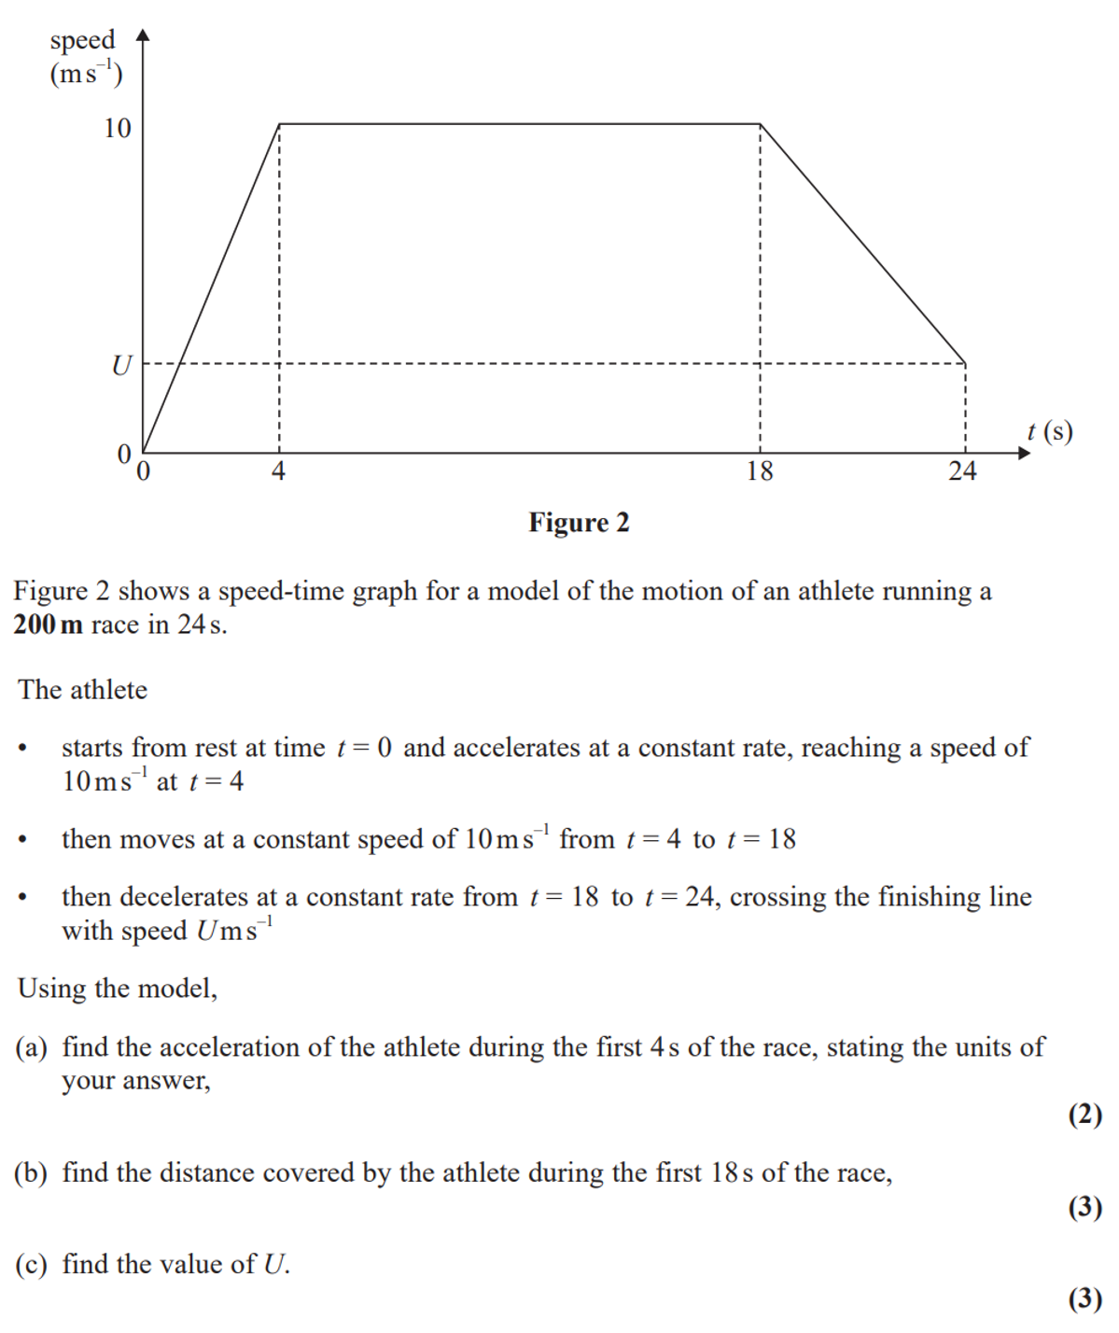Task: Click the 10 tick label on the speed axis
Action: pyautogui.click(x=118, y=128)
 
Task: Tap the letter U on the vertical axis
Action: pyautogui.click(x=121, y=365)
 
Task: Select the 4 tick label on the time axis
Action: pyautogui.click(x=278, y=471)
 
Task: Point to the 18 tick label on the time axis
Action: pyautogui.click(x=760, y=471)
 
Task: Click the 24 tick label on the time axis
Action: pyautogui.click(x=962, y=471)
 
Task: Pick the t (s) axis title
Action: pyautogui.click(x=1049, y=431)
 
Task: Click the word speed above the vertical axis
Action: pyautogui.click(x=82, y=40)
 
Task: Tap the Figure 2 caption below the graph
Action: pyautogui.click(x=579, y=523)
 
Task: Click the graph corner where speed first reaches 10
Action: pyautogui.click(x=280, y=124)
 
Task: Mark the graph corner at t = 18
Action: pyautogui.click(x=761, y=124)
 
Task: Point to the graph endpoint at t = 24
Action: pyautogui.click(x=965, y=363)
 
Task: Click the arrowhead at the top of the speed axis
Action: pyautogui.click(x=143, y=35)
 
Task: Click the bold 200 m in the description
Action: pyautogui.click(x=48, y=624)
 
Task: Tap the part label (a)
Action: pyautogui.click(x=31, y=1047)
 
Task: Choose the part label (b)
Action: pyautogui.click(x=31, y=1173)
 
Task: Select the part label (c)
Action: pyautogui.click(x=31, y=1265)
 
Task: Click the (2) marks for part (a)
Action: pyautogui.click(x=1084, y=1115)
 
